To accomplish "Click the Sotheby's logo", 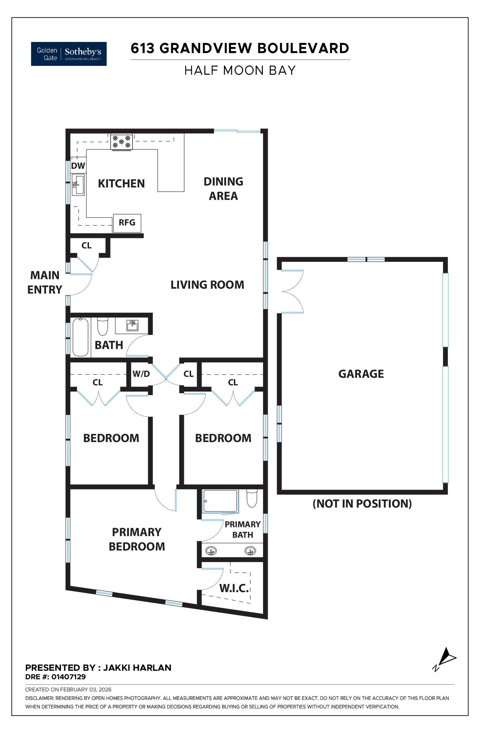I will [x=69, y=54].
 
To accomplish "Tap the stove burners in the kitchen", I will [x=121, y=142].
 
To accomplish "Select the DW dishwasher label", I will [x=78, y=166].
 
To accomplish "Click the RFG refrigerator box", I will [x=127, y=223].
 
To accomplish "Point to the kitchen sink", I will [x=78, y=185].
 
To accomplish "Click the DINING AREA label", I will [x=223, y=188].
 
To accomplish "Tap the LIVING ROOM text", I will [x=207, y=285].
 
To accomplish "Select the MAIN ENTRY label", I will [x=45, y=282].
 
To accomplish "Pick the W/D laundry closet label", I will [x=141, y=374].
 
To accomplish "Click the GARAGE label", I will [x=361, y=374].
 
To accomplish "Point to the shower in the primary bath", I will [x=220, y=501].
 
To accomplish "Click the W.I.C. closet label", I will [x=234, y=588].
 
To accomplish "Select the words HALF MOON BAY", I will [x=240, y=70].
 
